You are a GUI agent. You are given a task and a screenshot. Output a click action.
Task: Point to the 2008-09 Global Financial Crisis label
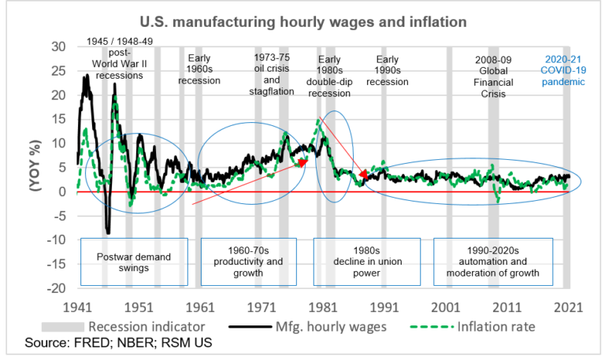494,77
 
